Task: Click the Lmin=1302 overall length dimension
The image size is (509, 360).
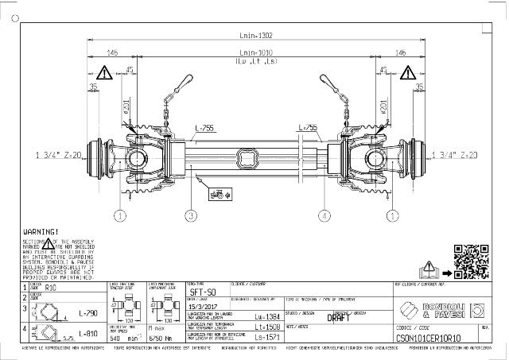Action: [255, 35]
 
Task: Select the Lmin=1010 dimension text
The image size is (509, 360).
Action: [255, 52]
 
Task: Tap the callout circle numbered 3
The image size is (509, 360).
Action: [190, 215]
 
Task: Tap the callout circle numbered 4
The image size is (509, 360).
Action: [324, 215]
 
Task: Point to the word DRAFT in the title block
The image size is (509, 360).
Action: [339, 316]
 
